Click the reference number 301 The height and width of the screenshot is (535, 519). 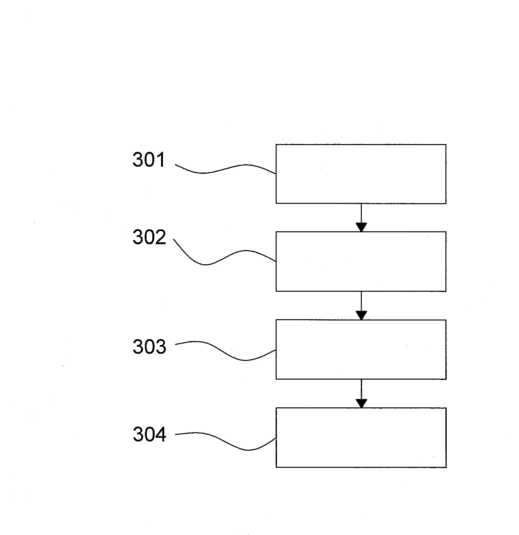pyautogui.click(x=149, y=160)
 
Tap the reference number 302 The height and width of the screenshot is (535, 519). pyautogui.click(x=149, y=237)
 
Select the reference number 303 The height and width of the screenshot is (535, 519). pyautogui.click(x=149, y=347)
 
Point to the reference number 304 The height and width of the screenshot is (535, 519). pyautogui.click(x=149, y=434)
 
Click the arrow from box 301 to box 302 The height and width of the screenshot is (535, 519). pyautogui.click(x=361, y=218)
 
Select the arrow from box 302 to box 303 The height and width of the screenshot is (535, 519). pyautogui.click(x=361, y=306)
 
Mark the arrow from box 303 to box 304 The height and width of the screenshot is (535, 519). pyautogui.click(x=361, y=393)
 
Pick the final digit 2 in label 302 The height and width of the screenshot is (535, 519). pyautogui.click(x=160, y=237)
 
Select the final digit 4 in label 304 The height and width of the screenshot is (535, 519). pyautogui.click(x=161, y=434)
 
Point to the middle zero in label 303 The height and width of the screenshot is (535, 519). pyautogui.click(x=149, y=347)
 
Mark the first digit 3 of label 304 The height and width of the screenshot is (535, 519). pyautogui.click(x=138, y=434)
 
